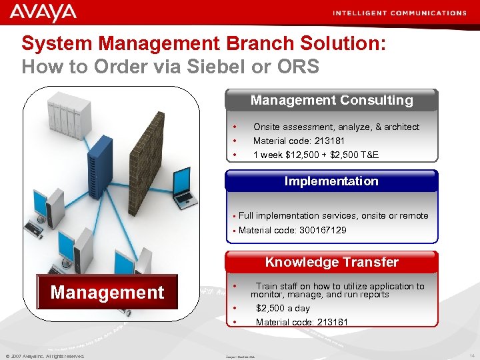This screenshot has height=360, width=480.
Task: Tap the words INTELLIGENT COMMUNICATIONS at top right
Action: pyautogui.click(x=399, y=13)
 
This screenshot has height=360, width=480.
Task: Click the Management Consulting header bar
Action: pyautogui.click(x=331, y=101)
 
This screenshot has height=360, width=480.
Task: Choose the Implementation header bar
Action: pyautogui.click(x=331, y=181)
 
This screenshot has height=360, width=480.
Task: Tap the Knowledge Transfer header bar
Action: pyautogui.click(x=331, y=262)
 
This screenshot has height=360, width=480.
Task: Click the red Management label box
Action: pyautogui.click(x=107, y=293)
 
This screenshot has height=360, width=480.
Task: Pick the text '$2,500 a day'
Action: pyautogui.click(x=283, y=308)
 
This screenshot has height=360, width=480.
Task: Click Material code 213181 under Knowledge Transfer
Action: pyautogui.click(x=301, y=322)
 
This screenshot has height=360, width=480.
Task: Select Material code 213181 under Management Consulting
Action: pyautogui.click(x=299, y=141)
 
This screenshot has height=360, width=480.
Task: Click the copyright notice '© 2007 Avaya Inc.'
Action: pyautogui.click(x=45, y=356)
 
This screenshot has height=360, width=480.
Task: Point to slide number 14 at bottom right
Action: pyautogui.click(x=471, y=355)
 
